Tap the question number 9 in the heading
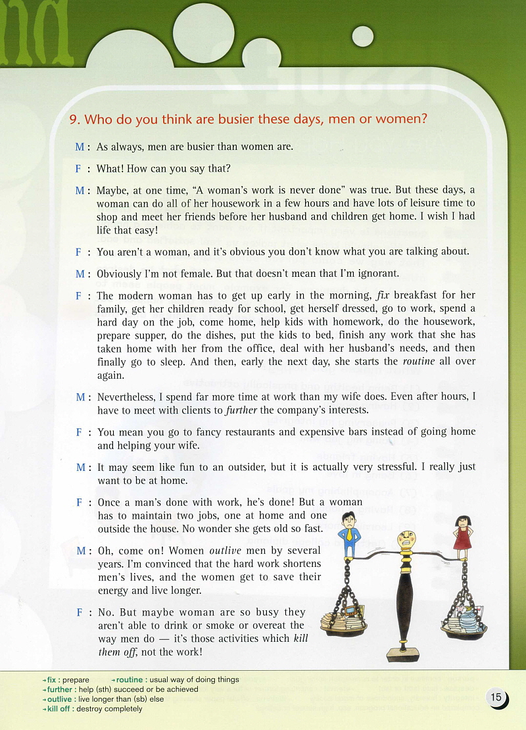pyautogui.click(x=74, y=119)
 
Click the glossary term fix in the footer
pyautogui.click(x=52, y=679)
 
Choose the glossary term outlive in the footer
pyautogui.click(x=59, y=699)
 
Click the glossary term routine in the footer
pyautogui.click(x=130, y=679)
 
